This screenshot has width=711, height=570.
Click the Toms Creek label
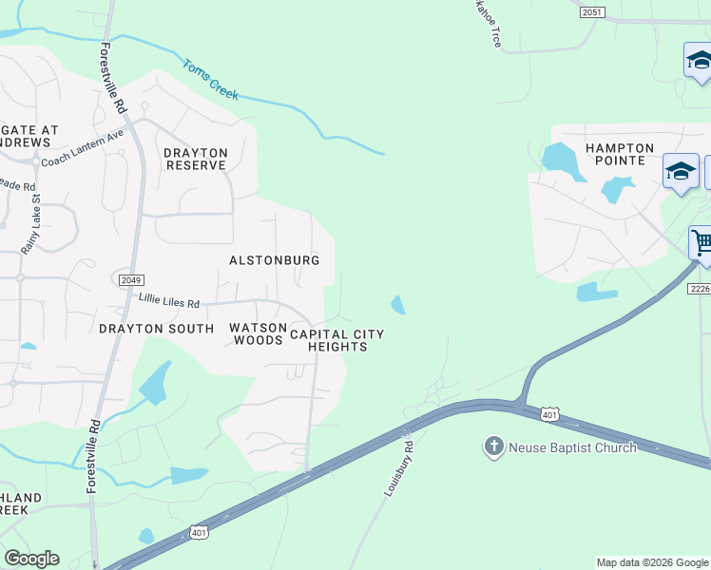(x=210, y=79)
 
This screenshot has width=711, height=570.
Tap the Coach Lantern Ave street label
(x=83, y=149)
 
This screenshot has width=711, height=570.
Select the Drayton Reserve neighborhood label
(x=196, y=159)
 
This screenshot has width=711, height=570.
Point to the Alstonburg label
(x=275, y=259)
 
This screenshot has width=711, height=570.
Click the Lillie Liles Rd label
(x=169, y=302)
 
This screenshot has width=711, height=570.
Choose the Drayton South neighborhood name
(x=156, y=329)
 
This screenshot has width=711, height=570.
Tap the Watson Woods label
(x=258, y=333)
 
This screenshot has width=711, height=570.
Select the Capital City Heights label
(x=337, y=340)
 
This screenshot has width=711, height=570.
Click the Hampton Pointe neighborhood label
(x=620, y=154)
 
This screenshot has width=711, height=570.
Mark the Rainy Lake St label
(x=29, y=223)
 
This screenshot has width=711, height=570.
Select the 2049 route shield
(x=131, y=280)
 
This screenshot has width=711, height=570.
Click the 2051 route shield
(x=592, y=11)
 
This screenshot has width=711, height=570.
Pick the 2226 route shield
(x=699, y=289)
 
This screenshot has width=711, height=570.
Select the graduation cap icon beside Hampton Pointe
(x=681, y=172)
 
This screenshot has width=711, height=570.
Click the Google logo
(x=31, y=559)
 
